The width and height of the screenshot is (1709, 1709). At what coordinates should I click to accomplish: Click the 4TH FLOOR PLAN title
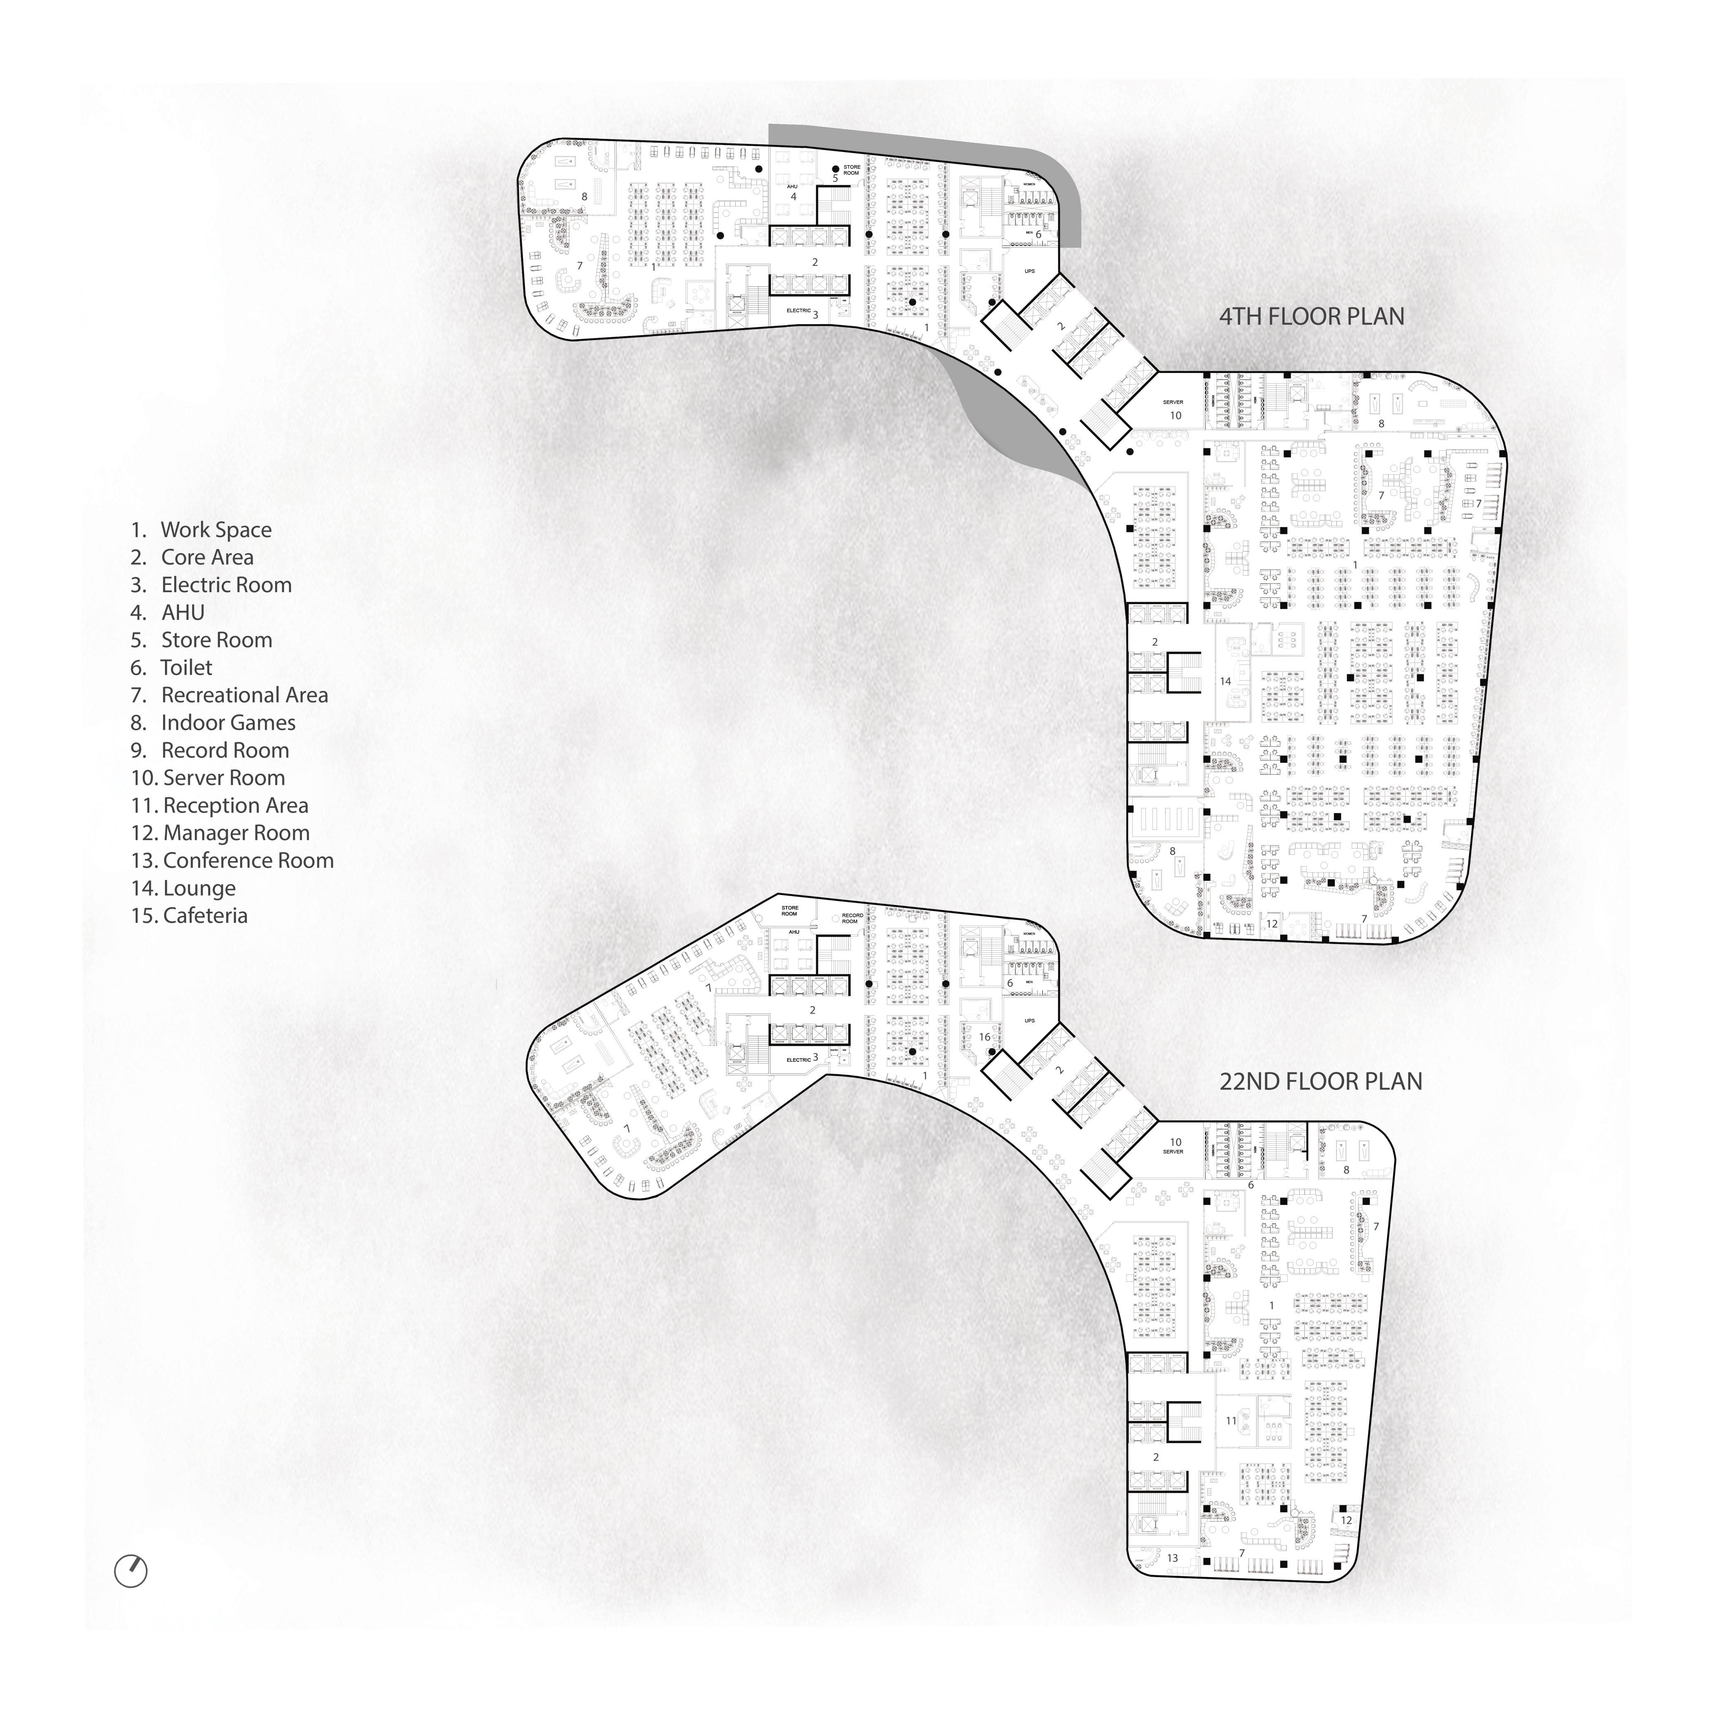[x=1311, y=317]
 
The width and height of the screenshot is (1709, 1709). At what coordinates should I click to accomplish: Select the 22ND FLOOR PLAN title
[x=1321, y=1082]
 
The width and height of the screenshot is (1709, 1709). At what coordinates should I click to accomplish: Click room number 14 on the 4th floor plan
[x=1225, y=681]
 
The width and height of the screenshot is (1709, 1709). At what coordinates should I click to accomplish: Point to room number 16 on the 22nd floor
[x=985, y=1037]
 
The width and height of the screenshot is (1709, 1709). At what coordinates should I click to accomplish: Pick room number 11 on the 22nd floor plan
[x=1231, y=1421]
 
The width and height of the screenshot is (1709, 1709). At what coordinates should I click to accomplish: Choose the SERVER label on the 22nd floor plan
[x=1173, y=1152]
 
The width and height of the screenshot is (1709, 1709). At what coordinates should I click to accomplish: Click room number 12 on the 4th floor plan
[x=1272, y=923]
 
